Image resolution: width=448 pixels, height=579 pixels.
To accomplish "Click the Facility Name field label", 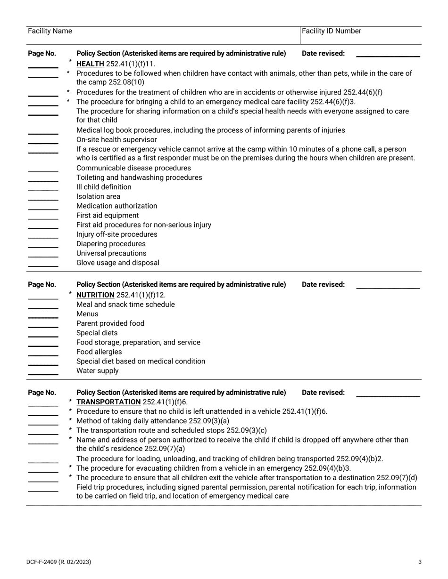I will [x=50, y=31].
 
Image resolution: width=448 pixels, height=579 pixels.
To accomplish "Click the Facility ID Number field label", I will [x=331, y=31].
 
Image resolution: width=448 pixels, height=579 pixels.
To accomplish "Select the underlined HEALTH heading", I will [x=90, y=64].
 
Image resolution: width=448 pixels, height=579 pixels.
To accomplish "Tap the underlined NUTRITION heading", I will [x=95, y=295].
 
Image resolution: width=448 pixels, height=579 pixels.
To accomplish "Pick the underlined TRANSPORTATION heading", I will [x=108, y=402].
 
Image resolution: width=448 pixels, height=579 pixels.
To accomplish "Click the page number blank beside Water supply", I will [x=43, y=374].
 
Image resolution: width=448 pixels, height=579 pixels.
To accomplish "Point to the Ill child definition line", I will [x=104, y=187].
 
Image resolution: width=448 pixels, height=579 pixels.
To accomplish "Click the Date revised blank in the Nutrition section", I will [x=388, y=288].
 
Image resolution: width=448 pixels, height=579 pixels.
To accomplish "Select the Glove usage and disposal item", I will [x=118, y=263].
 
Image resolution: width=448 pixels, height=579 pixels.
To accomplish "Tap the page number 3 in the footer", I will [x=420, y=562].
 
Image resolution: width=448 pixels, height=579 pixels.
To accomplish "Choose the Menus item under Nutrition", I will [x=87, y=314].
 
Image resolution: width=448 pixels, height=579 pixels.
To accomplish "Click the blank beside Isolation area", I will [x=43, y=200].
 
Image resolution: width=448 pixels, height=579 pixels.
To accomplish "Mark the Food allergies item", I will [x=99, y=352].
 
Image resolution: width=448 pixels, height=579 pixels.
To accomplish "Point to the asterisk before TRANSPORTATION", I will [x=70, y=402].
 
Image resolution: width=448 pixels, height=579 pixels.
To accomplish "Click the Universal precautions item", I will [x=111, y=254].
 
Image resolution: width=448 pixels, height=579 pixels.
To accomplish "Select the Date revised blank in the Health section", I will [x=388, y=56].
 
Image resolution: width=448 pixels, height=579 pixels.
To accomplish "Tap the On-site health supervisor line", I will [x=116, y=140].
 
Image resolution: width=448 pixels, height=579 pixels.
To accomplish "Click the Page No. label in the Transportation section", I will [x=42, y=393].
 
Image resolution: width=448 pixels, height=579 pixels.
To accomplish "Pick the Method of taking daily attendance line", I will [x=153, y=421].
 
